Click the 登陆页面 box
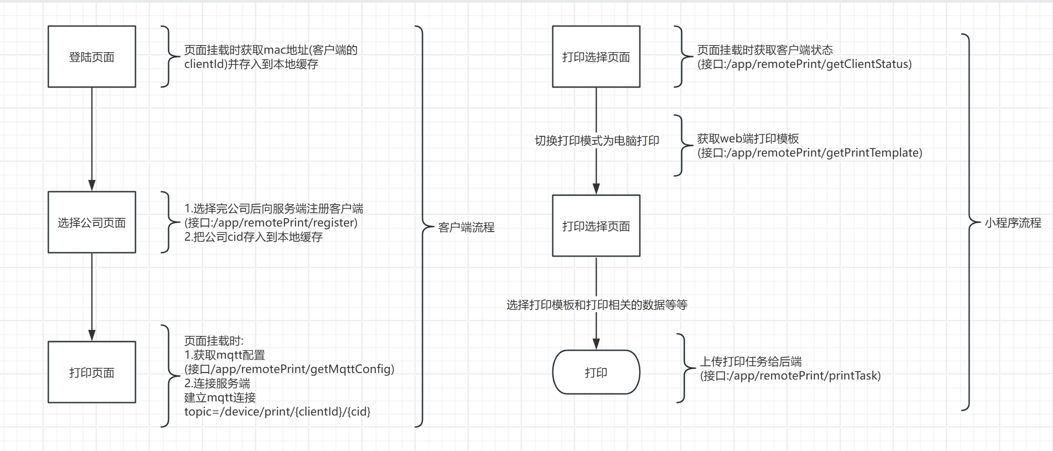click(x=92, y=57)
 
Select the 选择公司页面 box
click(x=92, y=222)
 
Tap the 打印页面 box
click(x=92, y=372)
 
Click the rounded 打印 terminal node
click(x=596, y=372)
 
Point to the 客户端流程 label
click(x=466, y=228)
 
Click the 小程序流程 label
click(x=1012, y=223)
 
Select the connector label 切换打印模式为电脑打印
click(x=597, y=140)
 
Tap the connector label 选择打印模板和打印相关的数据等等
click(x=597, y=305)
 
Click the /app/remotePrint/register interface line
click(x=271, y=222)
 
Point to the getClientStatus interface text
click(x=804, y=64)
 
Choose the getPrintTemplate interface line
click(x=809, y=153)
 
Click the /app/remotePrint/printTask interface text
click(x=790, y=375)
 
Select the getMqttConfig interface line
click(x=289, y=369)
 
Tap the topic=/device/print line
click(x=277, y=411)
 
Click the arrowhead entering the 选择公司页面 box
click(x=92, y=185)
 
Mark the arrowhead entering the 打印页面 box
click(x=92, y=335)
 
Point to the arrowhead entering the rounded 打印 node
click(x=596, y=344)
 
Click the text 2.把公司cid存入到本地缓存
click(x=253, y=237)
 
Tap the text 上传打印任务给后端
click(x=751, y=361)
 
